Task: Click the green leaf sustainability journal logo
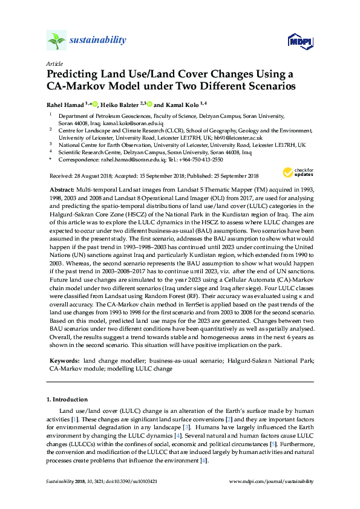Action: coord(56,41)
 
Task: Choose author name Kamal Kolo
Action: coord(180,104)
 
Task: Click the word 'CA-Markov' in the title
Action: coord(75,86)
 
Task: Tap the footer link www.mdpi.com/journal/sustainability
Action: coord(273,481)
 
